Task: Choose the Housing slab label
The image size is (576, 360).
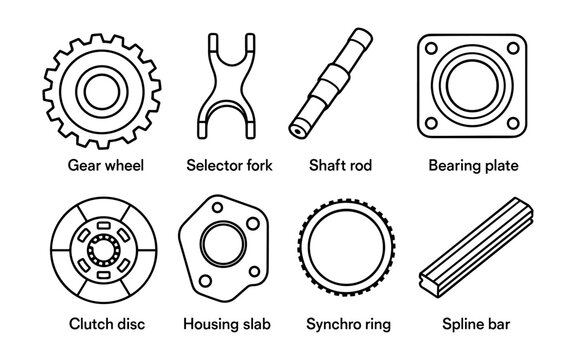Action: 228,325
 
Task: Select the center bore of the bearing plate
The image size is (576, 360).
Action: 473,87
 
